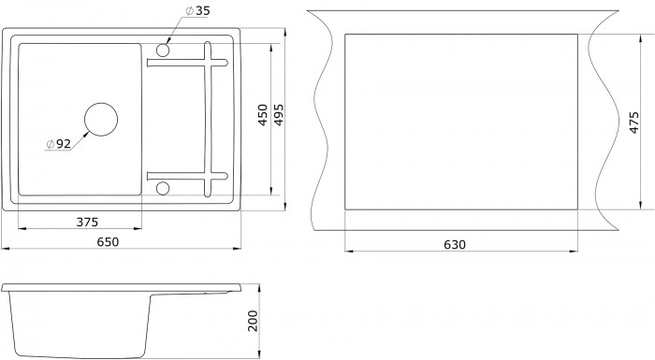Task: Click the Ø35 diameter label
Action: click(197, 10)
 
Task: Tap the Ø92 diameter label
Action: click(58, 144)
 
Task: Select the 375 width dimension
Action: click(87, 222)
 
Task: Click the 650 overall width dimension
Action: click(108, 242)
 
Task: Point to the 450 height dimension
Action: click(263, 115)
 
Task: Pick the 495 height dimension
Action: click(279, 115)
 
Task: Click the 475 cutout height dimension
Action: click(633, 122)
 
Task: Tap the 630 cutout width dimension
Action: click(455, 244)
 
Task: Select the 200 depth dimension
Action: click(254, 321)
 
